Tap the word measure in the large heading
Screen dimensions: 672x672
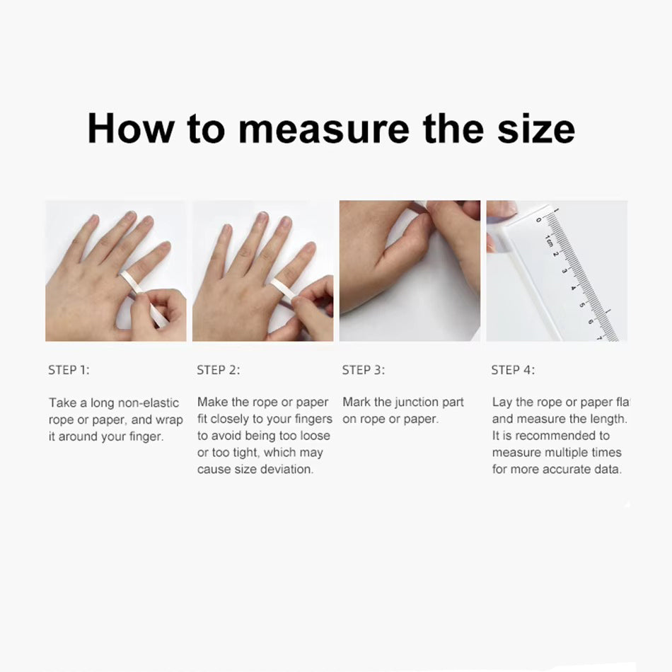[323, 129]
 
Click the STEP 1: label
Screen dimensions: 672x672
[69, 370]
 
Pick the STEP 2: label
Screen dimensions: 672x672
[219, 370]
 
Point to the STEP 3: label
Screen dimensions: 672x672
[364, 370]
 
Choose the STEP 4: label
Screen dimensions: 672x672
[513, 370]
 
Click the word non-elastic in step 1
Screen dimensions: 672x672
[149, 403]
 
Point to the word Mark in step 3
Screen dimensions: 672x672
[357, 402]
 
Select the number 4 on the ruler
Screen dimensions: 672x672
[573, 288]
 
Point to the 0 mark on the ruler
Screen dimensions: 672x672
[539, 220]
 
